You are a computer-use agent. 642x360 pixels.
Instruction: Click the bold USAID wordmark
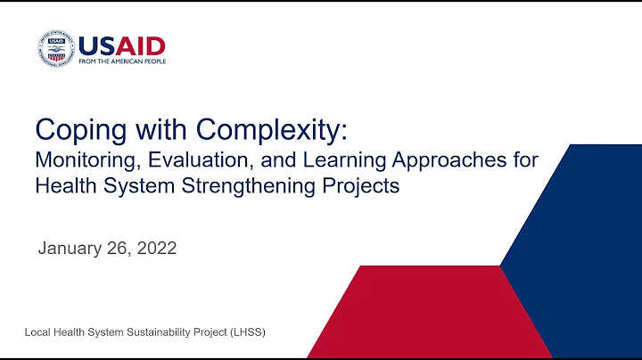(x=121, y=45)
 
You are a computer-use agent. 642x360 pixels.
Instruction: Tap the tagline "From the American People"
(x=121, y=61)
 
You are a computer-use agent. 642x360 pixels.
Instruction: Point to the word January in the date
(x=70, y=249)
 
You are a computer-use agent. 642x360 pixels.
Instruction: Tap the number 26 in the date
(x=119, y=249)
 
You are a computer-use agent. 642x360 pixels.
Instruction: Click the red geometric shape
(x=419, y=312)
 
